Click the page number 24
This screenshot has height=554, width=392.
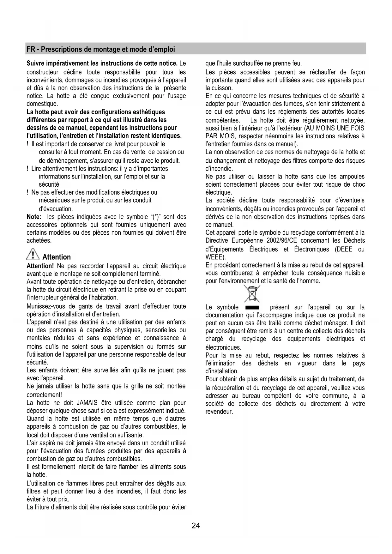[196, 526]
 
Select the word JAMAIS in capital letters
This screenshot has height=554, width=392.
[87, 403]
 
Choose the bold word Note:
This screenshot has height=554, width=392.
[34, 217]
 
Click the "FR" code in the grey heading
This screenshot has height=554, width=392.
[31, 49]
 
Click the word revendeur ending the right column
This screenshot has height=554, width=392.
[219, 412]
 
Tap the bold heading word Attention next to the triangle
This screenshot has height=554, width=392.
[57, 257]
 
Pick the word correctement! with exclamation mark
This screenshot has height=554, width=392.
[44, 395]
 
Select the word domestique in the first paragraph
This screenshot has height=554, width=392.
[42, 104]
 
